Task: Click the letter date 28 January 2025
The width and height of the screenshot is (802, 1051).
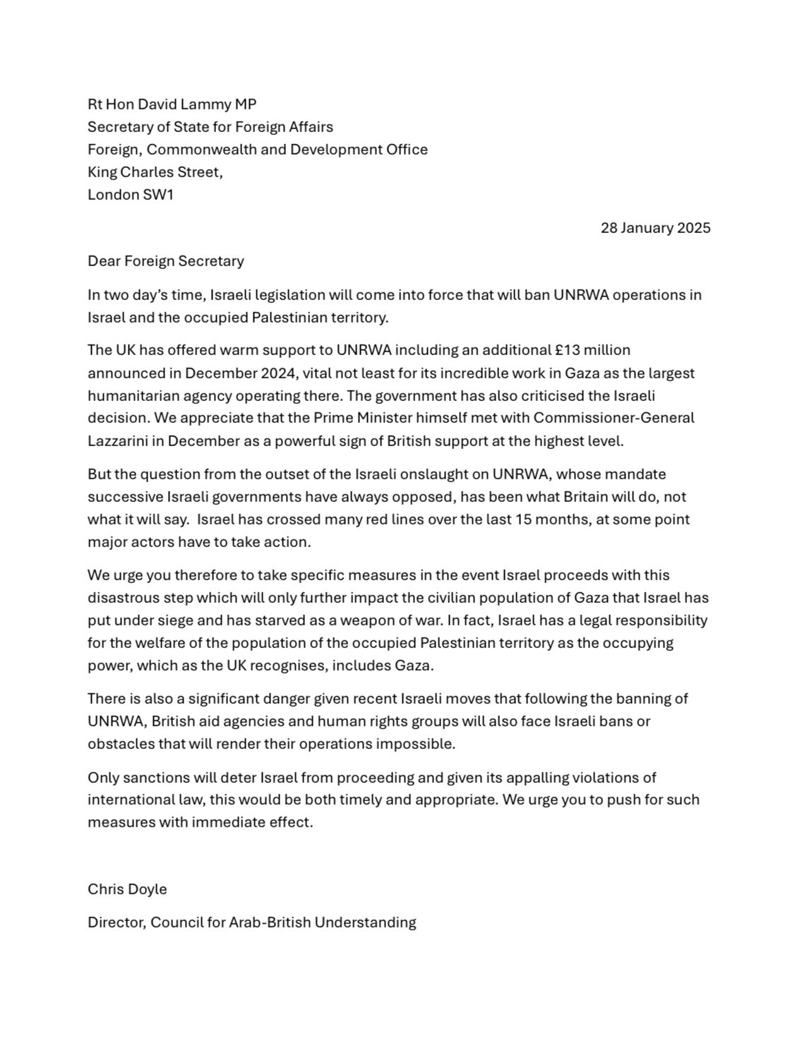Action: pos(655,228)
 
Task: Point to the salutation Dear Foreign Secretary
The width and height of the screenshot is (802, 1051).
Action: pos(166,261)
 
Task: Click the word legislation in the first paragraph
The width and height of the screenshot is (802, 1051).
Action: pos(265,295)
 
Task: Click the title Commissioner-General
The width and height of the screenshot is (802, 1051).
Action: pos(614,418)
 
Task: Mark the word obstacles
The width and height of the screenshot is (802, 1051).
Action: pos(118,744)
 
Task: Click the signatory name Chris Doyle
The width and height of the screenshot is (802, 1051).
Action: pos(127,889)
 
